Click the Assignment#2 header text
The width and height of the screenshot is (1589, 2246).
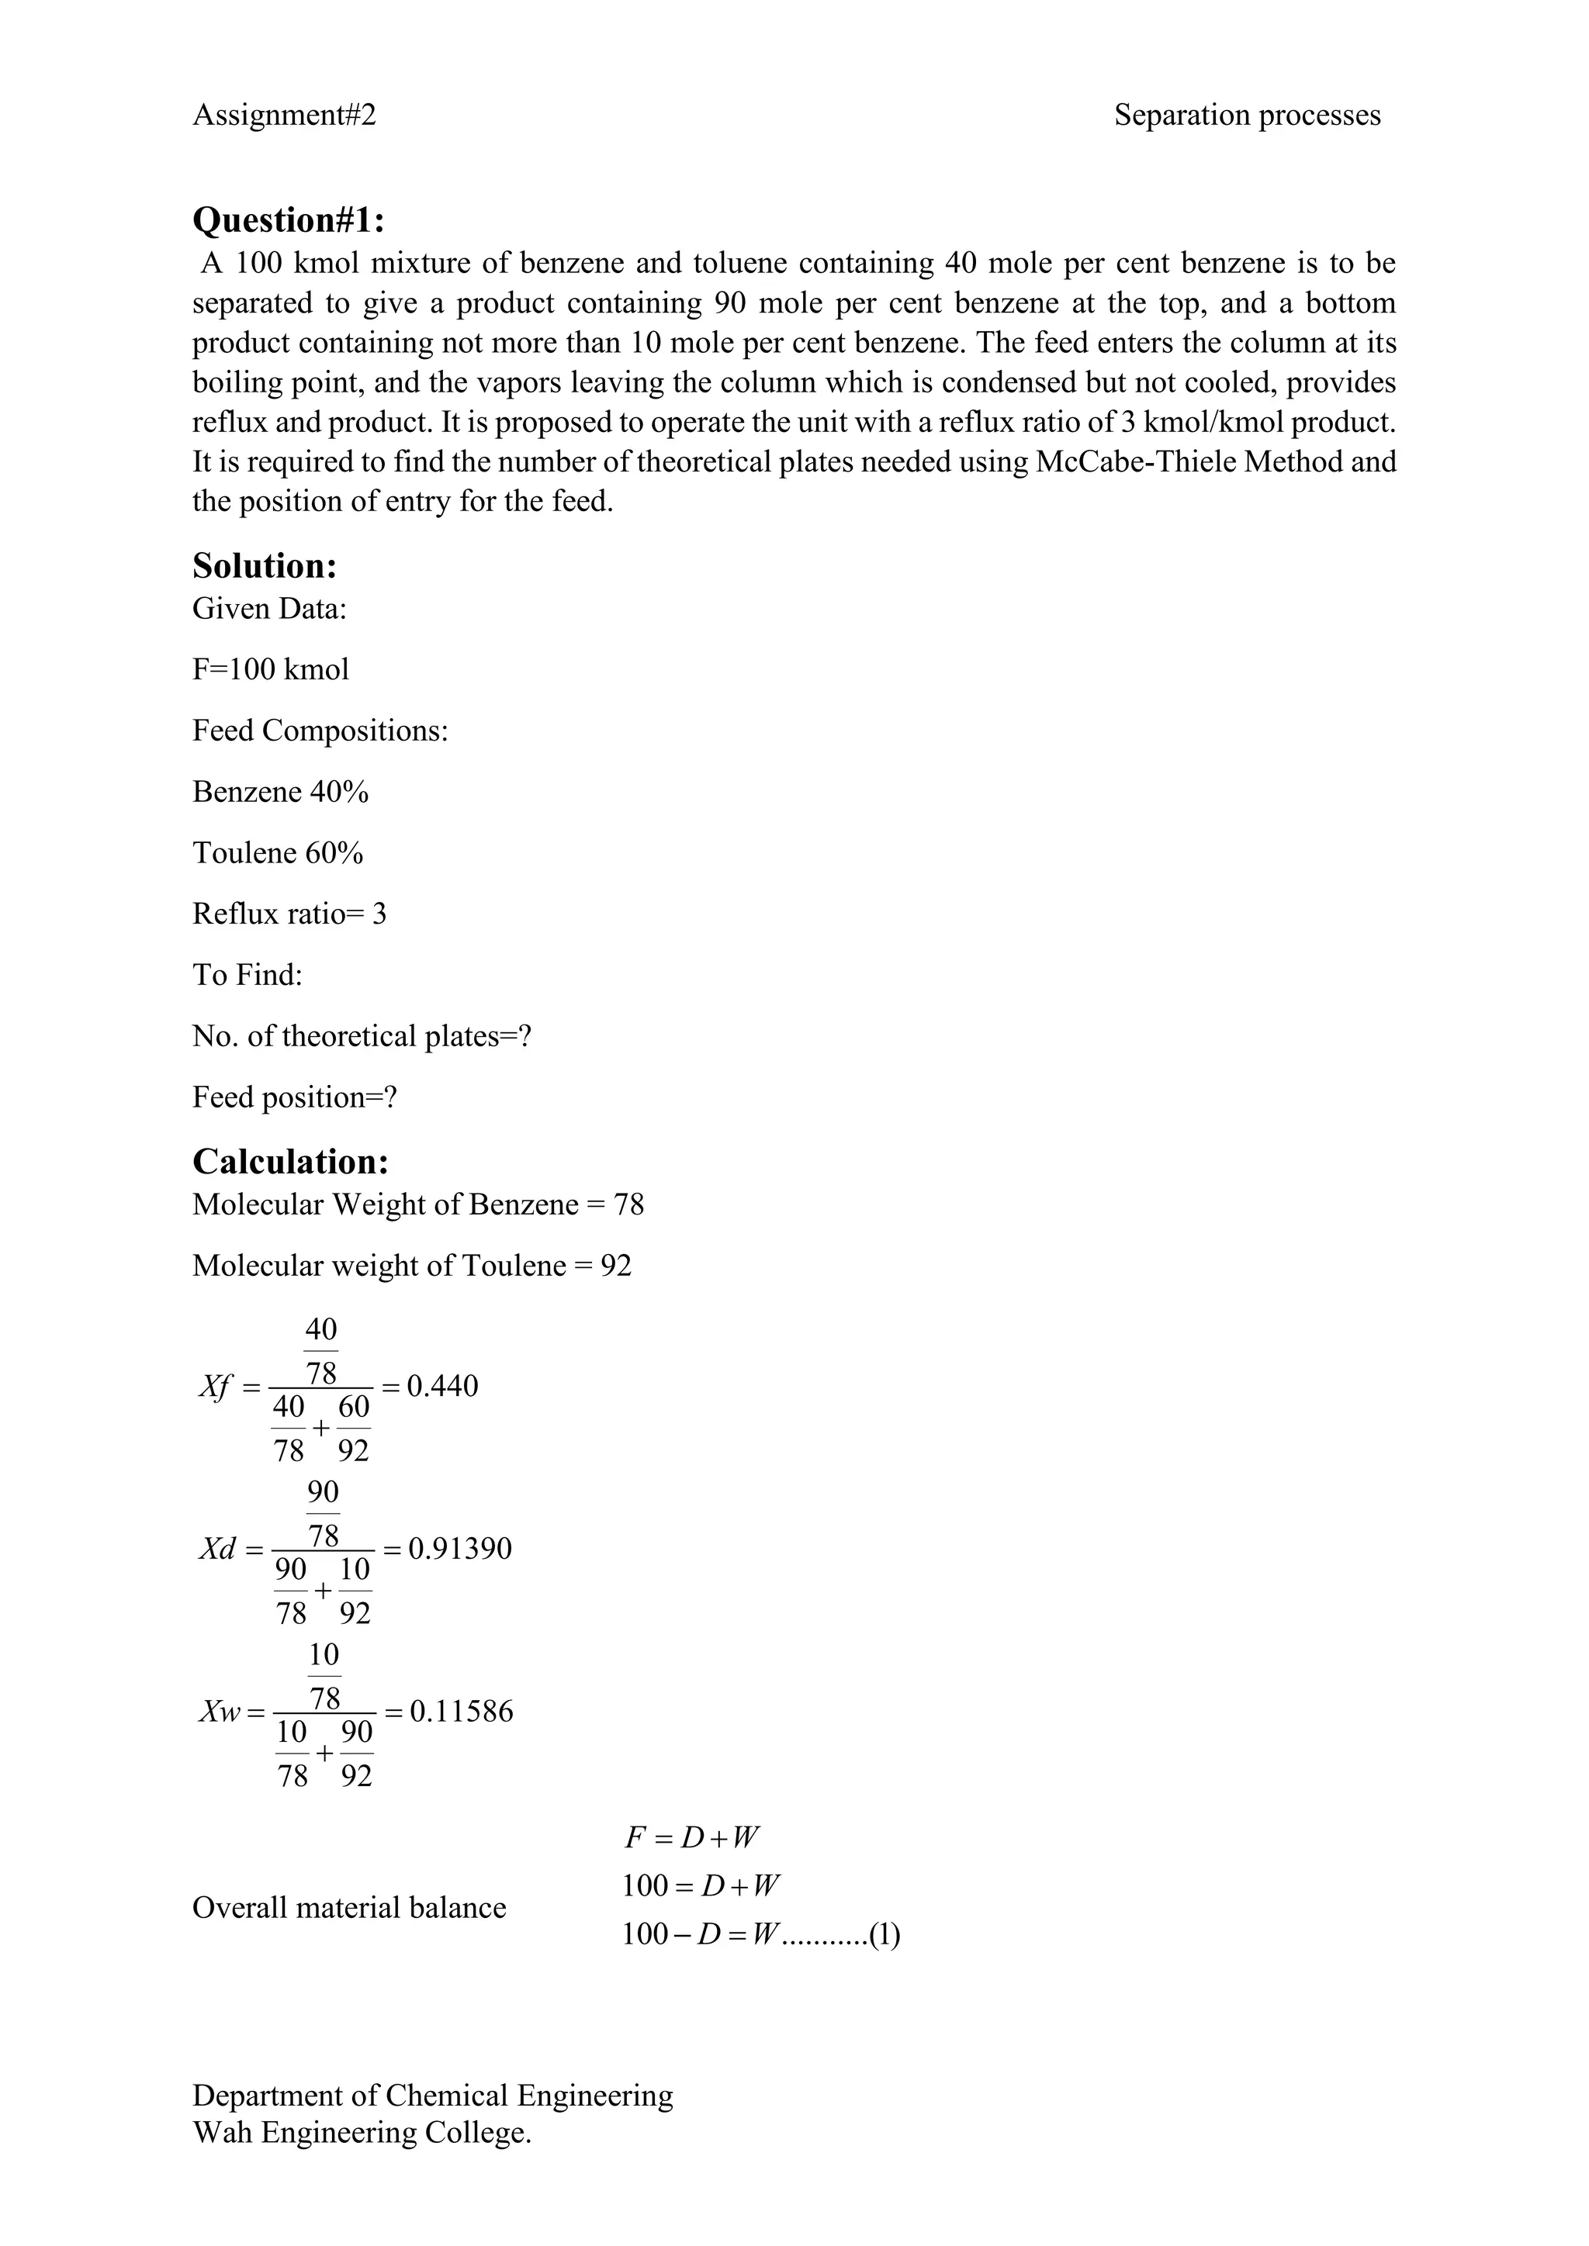pyautogui.click(x=284, y=116)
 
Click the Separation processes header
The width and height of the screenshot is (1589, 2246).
pyautogui.click(x=1247, y=116)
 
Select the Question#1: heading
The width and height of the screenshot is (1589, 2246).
pyautogui.click(x=289, y=220)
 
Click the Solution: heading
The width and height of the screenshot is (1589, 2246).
pyautogui.click(x=264, y=566)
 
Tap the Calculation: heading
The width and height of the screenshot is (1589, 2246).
pyautogui.click(x=291, y=1161)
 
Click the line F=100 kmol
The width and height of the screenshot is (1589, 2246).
pyautogui.click(x=270, y=669)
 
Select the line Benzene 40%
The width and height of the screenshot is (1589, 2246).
pyautogui.click(x=280, y=791)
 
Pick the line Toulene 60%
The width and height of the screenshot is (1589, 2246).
pyautogui.click(x=278, y=853)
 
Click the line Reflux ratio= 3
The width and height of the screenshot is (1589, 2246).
pyautogui.click(x=289, y=914)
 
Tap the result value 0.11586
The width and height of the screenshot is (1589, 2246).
pyautogui.click(x=461, y=1711)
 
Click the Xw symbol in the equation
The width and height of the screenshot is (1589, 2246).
pyautogui.click(x=219, y=1712)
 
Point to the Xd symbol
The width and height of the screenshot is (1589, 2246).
pyautogui.click(x=218, y=1550)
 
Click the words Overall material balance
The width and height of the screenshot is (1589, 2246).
pyautogui.click(x=348, y=1908)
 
